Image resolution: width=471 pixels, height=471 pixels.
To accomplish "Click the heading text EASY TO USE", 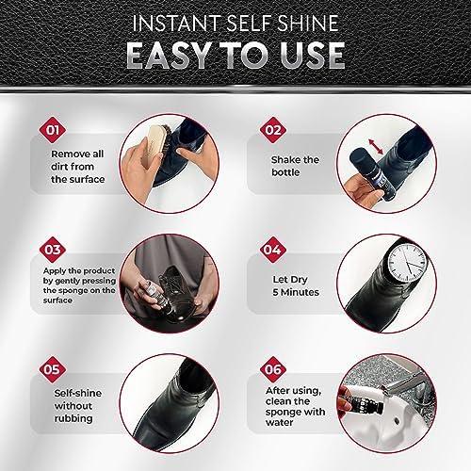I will pyautogui.click(x=235, y=55).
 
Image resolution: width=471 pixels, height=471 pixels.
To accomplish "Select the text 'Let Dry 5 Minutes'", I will pyautogui.click(x=297, y=285).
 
